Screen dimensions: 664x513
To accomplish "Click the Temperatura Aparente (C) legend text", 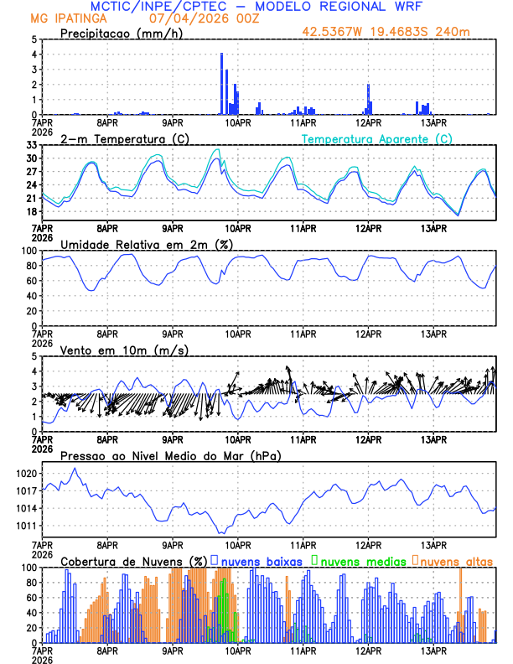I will click(x=377, y=138).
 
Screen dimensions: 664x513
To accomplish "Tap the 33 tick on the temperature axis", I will click(x=30, y=145).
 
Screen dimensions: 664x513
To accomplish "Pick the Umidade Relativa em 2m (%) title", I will click(x=145, y=244).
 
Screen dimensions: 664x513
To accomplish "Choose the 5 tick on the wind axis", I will click(x=34, y=356).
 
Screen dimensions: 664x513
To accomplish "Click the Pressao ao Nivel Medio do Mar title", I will click(x=170, y=455).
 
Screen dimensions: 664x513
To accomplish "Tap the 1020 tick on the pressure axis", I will click(x=25, y=474).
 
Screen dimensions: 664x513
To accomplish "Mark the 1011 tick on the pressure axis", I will click(x=25, y=526).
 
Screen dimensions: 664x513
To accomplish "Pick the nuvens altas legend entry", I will click(x=453, y=561).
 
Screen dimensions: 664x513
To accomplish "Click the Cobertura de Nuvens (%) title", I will click(x=134, y=561).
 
